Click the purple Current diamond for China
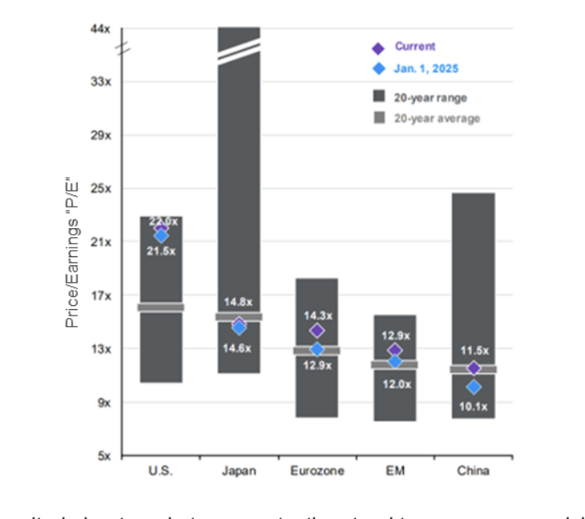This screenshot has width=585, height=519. (474, 368)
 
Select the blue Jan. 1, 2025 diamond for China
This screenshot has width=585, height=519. (474, 387)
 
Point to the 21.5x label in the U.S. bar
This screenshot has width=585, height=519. (161, 251)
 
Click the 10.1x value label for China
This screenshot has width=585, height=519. (474, 405)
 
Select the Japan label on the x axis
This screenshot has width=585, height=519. (239, 471)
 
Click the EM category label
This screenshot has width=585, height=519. (395, 471)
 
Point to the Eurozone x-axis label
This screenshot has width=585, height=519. (317, 471)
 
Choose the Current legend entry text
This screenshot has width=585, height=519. (415, 47)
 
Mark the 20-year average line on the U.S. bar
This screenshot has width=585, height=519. (161, 307)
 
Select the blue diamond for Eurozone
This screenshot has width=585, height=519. (317, 349)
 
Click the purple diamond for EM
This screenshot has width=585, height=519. (394, 350)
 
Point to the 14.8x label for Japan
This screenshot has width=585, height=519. (238, 302)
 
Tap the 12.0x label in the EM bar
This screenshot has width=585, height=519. (395, 384)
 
